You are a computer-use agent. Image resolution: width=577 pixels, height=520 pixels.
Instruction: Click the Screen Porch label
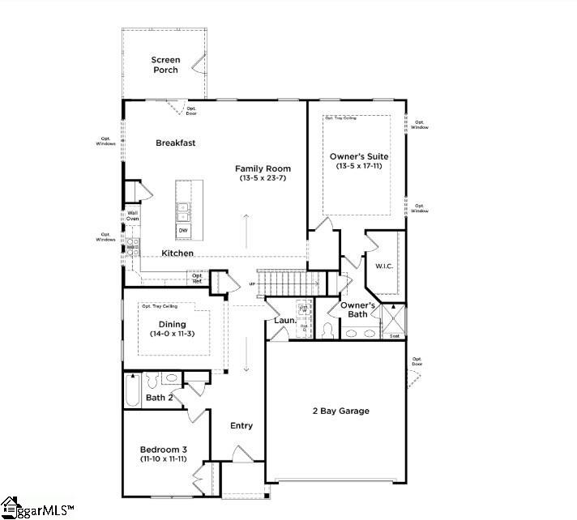point(165,65)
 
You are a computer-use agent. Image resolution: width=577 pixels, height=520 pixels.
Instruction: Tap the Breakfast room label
point(176,143)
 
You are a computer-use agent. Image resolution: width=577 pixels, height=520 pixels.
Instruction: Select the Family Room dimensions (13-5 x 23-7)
point(263,178)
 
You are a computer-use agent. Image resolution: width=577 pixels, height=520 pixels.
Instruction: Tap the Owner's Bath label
point(357,309)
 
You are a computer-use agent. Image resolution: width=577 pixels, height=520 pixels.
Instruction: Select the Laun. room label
point(284,321)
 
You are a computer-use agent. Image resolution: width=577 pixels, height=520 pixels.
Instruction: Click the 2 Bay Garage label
point(340,411)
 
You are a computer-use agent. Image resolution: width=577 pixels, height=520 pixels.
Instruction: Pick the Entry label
point(241,426)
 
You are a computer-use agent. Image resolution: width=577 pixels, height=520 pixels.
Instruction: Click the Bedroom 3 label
point(164,450)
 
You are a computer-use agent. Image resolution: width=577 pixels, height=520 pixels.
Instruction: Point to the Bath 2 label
point(159,398)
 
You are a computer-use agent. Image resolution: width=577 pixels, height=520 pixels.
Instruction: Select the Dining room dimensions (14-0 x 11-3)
point(173,334)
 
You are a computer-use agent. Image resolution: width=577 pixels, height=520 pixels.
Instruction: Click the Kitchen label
point(177,254)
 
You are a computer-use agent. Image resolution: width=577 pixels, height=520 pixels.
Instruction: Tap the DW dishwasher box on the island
point(183,231)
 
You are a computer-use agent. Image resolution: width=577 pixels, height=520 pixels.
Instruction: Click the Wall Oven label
point(132,216)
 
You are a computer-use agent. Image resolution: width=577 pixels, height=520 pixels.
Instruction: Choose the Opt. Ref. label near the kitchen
point(197,278)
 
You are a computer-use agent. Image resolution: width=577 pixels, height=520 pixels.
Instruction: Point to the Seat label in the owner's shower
point(395,335)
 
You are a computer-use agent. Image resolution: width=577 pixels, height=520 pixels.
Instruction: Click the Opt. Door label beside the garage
point(417,361)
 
